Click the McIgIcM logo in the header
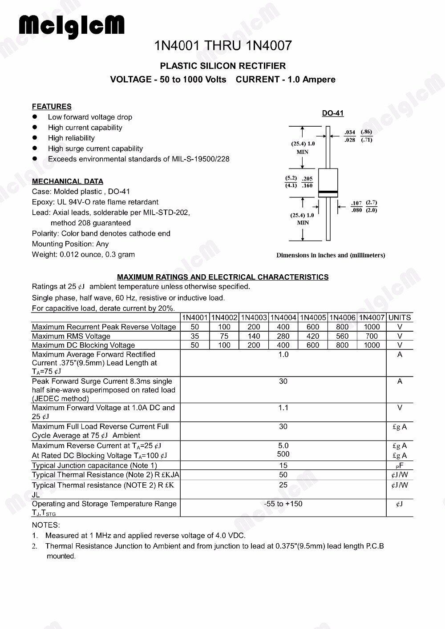(72, 27)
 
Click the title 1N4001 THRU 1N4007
(223, 46)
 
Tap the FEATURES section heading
(52, 107)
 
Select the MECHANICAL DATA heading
(68, 181)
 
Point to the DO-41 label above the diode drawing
(333, 113)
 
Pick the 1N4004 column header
(283, 318)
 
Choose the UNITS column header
(400, 318)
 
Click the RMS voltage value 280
(283, 336)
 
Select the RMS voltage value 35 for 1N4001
(195, 336)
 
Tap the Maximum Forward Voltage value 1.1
(283, 408)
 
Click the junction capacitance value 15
(283, 465)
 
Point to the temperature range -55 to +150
(283, 504)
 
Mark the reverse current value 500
(283, 454)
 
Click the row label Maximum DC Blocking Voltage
(83, 345)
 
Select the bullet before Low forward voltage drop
(34, 117)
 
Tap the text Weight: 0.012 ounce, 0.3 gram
(83, 255)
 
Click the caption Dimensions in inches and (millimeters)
(331, 255)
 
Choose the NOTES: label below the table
(46, 525)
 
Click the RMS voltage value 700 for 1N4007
(372, 336)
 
